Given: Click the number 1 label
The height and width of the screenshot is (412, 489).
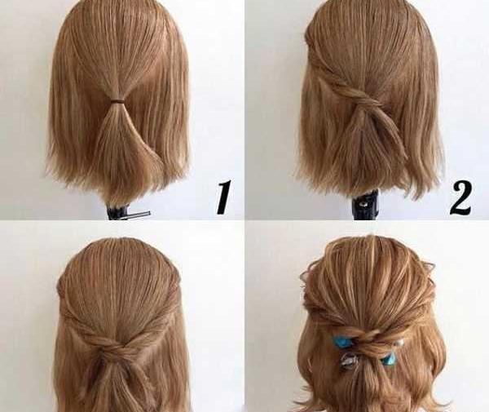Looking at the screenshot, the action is point(224,197).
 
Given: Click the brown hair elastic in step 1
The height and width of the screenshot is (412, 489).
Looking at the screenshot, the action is point(117,101).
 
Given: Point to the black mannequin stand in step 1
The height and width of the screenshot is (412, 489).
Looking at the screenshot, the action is point(118,211).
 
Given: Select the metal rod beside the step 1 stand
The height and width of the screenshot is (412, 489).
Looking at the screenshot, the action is point(139,215).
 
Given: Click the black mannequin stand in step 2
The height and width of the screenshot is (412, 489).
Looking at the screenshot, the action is point(365,205).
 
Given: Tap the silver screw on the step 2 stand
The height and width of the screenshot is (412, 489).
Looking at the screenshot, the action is point(363,205).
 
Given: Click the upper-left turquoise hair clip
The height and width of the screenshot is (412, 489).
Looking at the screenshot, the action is point(341,341).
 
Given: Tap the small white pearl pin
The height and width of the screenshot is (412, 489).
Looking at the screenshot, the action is point(399,343).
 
